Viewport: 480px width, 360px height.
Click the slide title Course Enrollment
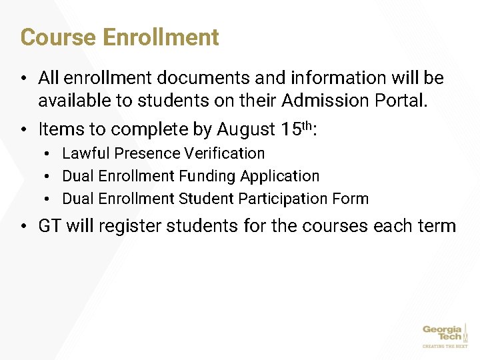coord(120,37)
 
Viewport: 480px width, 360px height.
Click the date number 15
coord(291,129)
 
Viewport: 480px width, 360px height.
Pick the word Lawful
coord(86,153)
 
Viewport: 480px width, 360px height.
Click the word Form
coord(353,199)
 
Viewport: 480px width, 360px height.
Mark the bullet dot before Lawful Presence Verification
coord(50,154)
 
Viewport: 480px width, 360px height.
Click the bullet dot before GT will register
coord(23,227)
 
